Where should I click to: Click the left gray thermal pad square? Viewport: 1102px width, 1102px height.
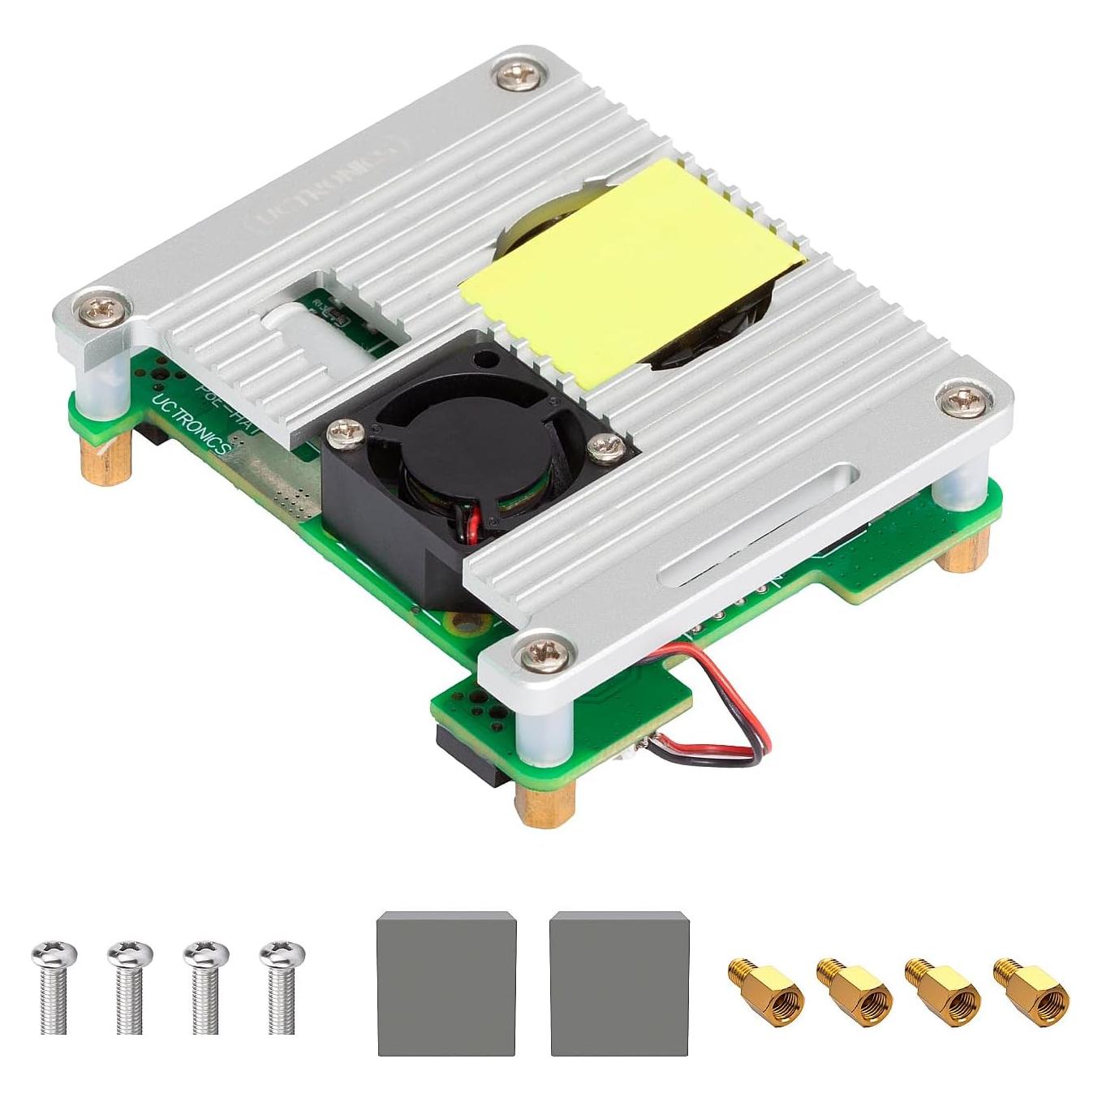446,983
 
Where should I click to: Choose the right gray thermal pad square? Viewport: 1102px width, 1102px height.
619,983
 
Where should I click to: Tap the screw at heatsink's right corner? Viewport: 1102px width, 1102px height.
962,398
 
